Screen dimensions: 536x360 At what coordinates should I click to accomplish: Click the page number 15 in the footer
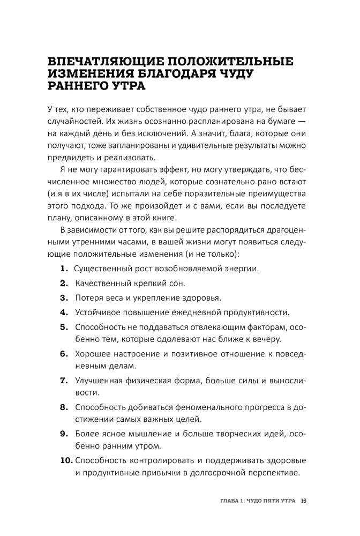[x=304, y=501]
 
